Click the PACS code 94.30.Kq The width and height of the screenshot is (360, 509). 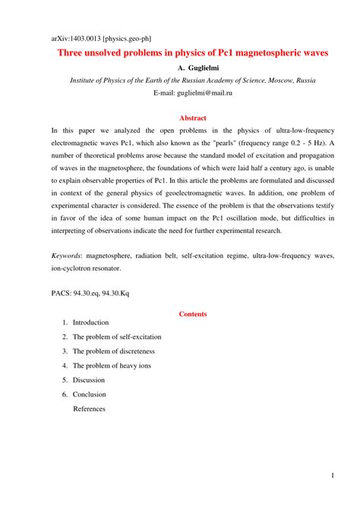click(x=113, y=290)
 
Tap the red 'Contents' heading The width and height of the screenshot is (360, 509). click(x=192, y=313)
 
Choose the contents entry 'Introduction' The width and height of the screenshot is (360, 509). click(x=90, y=323)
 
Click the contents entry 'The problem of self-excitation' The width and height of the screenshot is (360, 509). click(x=116, y=337)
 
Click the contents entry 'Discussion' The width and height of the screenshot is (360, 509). click(x=89, y=380)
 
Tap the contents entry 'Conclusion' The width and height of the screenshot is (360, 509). click(x=89, y=394)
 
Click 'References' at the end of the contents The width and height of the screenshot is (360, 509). click(x=89, y=409)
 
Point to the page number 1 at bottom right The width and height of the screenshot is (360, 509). click(x=333, y=476)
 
